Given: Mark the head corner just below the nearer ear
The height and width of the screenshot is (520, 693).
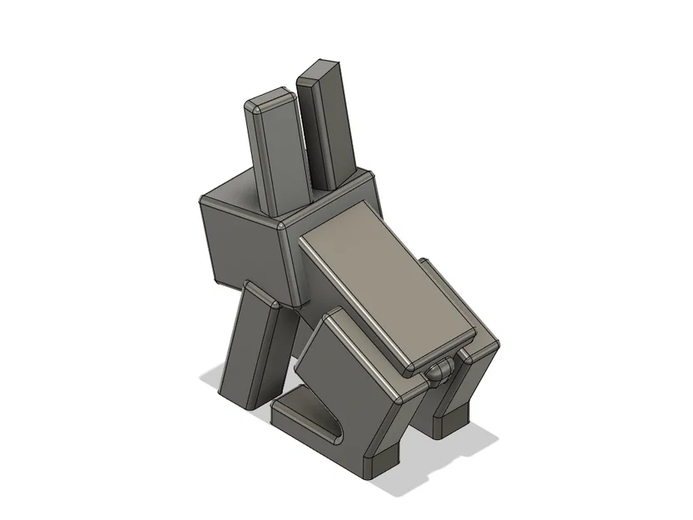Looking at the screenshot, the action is (281, 225).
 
